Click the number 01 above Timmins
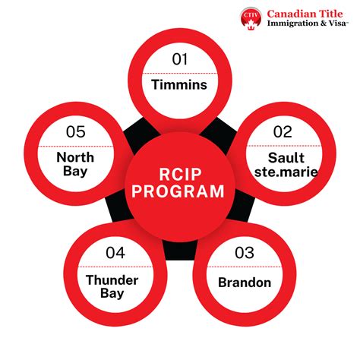tap(178, 59)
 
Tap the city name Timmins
tap(179, 85)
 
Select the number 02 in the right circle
tap(282, 131)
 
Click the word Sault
tap(282, 158)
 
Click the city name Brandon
tap(245, 283)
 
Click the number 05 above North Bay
tap(75, 131)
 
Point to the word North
tap(75, 158)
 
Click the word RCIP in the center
tap(179, 173)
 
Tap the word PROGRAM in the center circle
tap(179, 191)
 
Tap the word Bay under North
tap(75, 172)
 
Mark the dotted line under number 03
tap(244, 268)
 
